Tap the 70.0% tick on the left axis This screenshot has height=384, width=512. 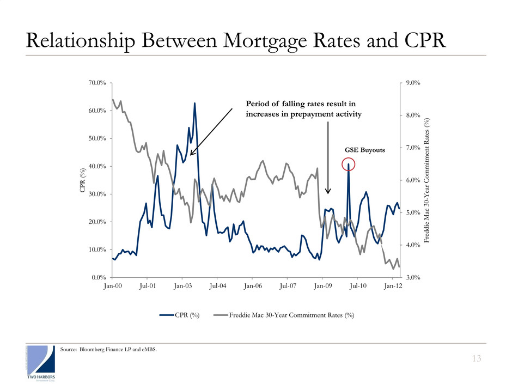pyautogui.click(x=96, y=83)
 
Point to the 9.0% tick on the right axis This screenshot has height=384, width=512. pyautogui.click(x=414, y=83)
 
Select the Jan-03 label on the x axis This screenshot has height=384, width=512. pyautogui.click(x=182, y=285)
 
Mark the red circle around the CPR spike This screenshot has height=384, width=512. pyautogui.click(x=348, y=164)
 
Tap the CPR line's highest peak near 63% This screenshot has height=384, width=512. pyautogui.click(x=194, y=103)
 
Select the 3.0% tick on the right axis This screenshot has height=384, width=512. pyautogui.click(x=414, y=277)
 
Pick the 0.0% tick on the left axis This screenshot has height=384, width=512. pyautogui.click(x=98, y=277)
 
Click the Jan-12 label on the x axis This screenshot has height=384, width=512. pyautogui.click(x=393, y=285)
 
